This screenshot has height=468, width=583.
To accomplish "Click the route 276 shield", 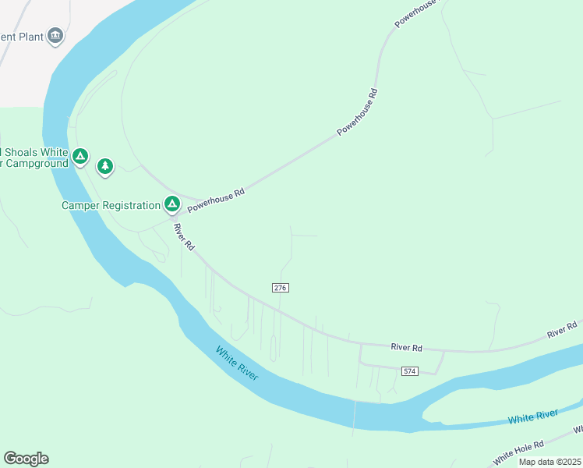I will pyautogui.click(x=281, y=288).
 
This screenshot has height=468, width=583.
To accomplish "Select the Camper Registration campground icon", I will pyautogui.click(x=172, y=205).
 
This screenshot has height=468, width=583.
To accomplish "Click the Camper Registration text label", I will pyautogui.click(x=110, y=206).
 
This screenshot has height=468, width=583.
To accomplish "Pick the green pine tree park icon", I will pyautogui.click(x=105, y=166).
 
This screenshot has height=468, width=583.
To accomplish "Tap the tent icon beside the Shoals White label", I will pyautogui.click(x=79, y=158).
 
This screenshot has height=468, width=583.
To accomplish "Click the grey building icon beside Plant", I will pyautogui.click(x=55, y=35).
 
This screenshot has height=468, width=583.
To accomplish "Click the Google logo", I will pyautogui.click(x=26, y=459).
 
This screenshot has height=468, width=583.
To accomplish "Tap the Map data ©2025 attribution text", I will pyautogui.click(x=549, y=462).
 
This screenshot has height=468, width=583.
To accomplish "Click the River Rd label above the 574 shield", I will pyautogui.click(x=406, y=347).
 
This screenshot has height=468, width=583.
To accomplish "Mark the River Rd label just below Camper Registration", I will pyautogui.click(x=184, y=236).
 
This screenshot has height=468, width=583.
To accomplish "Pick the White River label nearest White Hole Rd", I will pyautogui.click(x=533, y=417).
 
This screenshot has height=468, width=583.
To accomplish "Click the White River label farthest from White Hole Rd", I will pyautogui.click(x=237, y=364).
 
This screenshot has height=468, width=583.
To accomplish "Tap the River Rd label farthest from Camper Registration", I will pyautogui.click(x=562, y=329).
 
